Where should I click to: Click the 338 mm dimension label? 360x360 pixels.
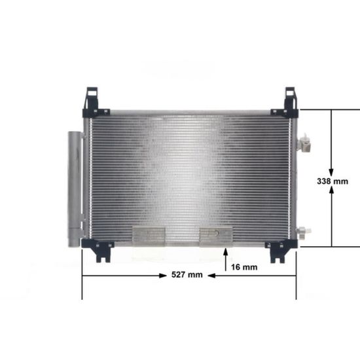[333, 181]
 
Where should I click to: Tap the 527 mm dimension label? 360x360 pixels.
[187, 275]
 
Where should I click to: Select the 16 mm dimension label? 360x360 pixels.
[244, 267]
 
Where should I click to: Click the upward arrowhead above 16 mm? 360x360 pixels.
[226, 252]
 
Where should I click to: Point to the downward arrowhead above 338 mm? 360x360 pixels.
[331, 173]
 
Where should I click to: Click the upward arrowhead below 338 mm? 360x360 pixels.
[332, 190]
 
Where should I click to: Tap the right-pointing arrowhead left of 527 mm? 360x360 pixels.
[163, 276]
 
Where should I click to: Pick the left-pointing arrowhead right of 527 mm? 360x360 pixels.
[211, 276]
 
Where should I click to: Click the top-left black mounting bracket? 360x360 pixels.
[94, 104]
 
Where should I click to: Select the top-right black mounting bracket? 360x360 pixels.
[287, 105]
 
